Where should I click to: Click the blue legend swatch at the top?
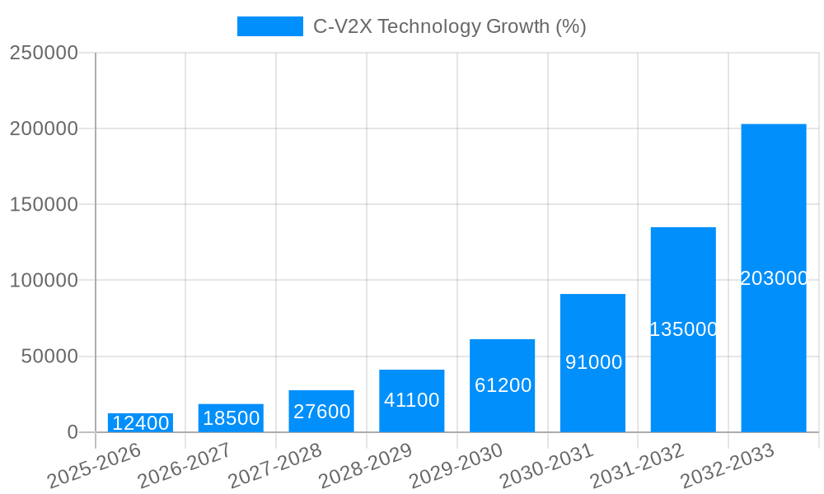coord(269,26)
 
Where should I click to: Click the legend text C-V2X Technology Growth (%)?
coord(449,26)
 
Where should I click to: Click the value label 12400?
coord(140,423)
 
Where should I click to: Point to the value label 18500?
coord(231,417)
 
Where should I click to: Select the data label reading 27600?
coord(321,411)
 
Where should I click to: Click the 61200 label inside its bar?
coord(503,384)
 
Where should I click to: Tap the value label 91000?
coord(593,362)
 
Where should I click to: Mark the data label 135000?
coord(683,329)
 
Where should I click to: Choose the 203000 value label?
coord(774,278)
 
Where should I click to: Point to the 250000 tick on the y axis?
coord(44,53)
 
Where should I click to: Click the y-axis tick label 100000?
coord(44,281)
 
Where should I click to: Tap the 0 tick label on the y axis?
coord(73,432)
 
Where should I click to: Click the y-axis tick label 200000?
coord(44,128)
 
